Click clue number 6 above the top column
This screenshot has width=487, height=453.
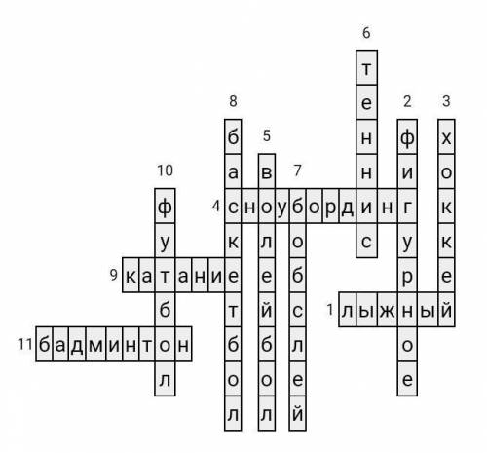pos(366,33)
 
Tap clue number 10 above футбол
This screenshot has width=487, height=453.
pos(165,170)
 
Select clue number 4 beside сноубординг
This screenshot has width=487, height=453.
pos(216,206)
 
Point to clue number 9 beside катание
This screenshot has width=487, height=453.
pos(113,275)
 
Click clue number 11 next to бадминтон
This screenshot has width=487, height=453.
pos(25,344)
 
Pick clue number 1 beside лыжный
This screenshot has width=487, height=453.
pos(330,310)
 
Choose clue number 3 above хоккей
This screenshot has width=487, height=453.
pos(446,101)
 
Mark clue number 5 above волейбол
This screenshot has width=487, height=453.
pos(267,135)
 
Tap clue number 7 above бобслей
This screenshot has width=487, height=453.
pos(297,170)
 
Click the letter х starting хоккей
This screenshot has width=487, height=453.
pos(446,139)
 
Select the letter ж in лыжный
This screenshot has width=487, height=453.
pos(387,311)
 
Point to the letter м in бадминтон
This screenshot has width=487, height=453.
pos(95,345)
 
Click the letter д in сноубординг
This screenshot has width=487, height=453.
pos(347,208)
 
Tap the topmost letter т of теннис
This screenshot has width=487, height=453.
pos(366,69)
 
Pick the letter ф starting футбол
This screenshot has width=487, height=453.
pos(165,207)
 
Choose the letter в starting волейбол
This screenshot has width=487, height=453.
pos(267,172)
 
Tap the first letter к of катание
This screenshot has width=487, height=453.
pos(131,277)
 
